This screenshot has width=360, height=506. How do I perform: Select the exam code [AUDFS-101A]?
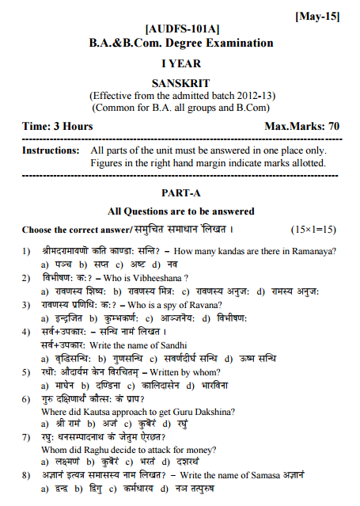(x=181, y=29)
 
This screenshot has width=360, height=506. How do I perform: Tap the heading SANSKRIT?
(x=180, y=82)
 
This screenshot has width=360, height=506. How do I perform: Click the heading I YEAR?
(x=181, y=63)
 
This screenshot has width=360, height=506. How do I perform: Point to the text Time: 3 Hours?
(x=57, y=126)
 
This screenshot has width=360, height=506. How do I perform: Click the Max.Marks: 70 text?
(x=302, y=126)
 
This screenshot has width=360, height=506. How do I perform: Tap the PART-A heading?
(x=181, y=192)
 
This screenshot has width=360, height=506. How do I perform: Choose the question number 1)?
(x=26, y=251)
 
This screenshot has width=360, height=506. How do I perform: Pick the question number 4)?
(x=26, y=331)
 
